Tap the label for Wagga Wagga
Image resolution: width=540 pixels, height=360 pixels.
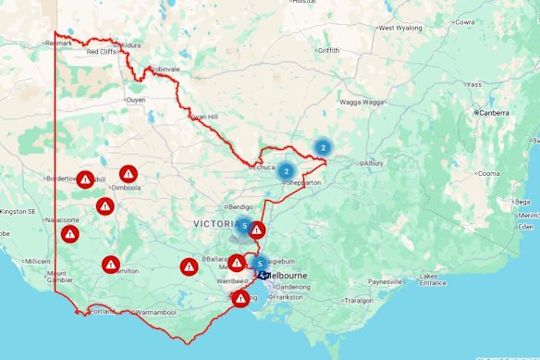pyautogui.click(x=363, y=102)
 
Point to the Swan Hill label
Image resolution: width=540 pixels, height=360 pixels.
pyautogui.click(x=202, y=118)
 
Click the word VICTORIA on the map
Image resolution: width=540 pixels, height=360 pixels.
pyautogui.click(x=217, y=224)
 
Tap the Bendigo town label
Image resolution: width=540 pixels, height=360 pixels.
pyautogui.click(x=239, y=206)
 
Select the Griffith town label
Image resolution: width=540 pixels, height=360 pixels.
pyautogui.click(x=328, y=50)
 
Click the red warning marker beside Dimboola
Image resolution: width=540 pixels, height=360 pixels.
pyautogui.click(x=129, y=173)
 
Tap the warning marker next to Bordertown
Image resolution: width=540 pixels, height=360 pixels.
pyautogui.click(x=85, y=179)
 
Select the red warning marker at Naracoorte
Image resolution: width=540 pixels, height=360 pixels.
pyautogui.click(x=70, y=233)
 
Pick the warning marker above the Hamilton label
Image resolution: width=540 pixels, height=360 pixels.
pyautogui.click(x=111, y=265)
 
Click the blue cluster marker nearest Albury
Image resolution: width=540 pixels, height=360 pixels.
pyautogui.click(x=323, y=146)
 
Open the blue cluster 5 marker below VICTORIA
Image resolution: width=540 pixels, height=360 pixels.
pyautogui.click(x=244, y=226)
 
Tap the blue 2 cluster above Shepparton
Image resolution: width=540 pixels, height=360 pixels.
pyautogui.click(x=286, y=171)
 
